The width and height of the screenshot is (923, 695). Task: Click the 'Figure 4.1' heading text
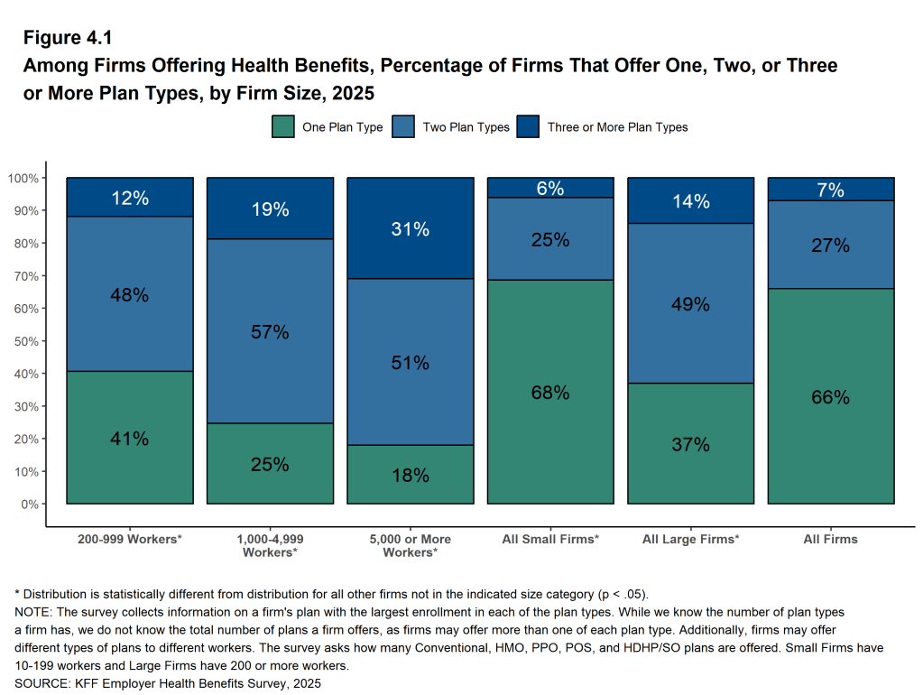[x=68, y=39]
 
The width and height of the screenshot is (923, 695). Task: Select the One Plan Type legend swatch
[x=283, y=127]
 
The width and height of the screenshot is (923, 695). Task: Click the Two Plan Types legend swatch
[x=403, y=127]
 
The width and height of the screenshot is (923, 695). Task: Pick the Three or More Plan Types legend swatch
[x=528, y=127]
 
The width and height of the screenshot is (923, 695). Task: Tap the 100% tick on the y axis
[x=23, y=178]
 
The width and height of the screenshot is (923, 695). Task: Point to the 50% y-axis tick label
[x=23, y=341]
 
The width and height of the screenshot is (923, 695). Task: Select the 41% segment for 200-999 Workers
[x=130, y=439]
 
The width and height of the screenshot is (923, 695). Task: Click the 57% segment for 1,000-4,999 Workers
[x=270, y=331]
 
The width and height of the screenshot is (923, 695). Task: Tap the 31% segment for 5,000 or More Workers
[x=410, y=229]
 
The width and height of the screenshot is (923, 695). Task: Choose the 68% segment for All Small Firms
[x=550, y=393]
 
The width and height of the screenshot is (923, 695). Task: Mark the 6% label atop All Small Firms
[x=550, y=188]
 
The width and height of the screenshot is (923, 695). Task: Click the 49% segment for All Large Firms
[x=690, y=304]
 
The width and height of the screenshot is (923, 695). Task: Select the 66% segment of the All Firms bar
[x=830, y=397]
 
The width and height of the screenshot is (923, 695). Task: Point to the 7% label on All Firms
[x=830, y=190]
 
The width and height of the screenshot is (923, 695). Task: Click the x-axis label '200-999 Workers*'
[x=130, y=539]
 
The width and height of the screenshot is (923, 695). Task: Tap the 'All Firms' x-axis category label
[x=830, y=539]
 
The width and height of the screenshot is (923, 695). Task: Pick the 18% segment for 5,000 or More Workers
[x=410, y=475]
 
